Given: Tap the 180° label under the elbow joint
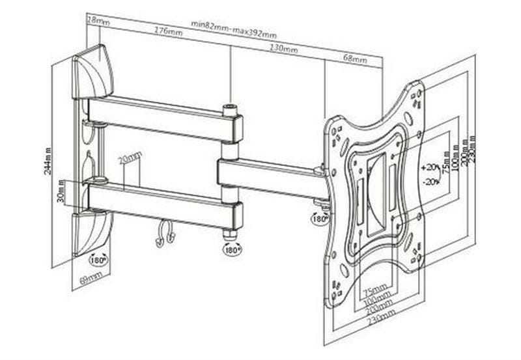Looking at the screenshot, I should (x=231, y=249).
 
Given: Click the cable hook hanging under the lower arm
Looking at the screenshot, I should (x=164, y=234).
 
